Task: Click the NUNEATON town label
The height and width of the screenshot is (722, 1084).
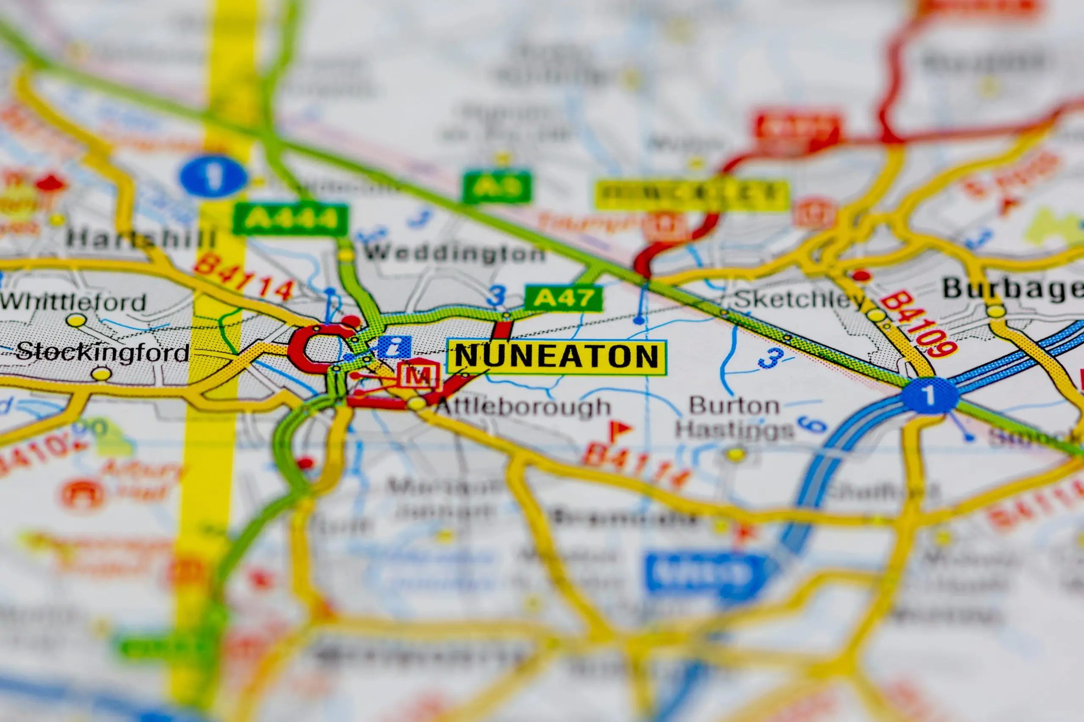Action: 557,357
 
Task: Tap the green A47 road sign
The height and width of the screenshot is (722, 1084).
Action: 563,298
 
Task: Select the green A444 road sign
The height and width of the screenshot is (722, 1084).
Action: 290,219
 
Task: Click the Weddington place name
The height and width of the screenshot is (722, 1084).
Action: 454,253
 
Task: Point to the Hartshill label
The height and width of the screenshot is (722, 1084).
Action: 141,239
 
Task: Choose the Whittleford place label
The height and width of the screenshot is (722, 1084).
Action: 73,302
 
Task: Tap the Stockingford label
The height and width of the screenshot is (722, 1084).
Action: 102,352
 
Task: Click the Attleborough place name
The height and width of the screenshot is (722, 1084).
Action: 523,407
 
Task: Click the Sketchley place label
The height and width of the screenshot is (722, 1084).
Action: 799,300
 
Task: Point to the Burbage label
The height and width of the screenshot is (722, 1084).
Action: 1012,289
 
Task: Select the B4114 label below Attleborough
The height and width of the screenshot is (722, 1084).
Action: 636,465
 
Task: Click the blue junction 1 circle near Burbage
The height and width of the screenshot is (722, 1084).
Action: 929,395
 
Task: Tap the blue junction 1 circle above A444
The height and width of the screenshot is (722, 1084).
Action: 213,176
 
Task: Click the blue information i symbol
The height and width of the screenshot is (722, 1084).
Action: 394,347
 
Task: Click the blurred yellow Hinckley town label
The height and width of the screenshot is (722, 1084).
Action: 691,195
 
